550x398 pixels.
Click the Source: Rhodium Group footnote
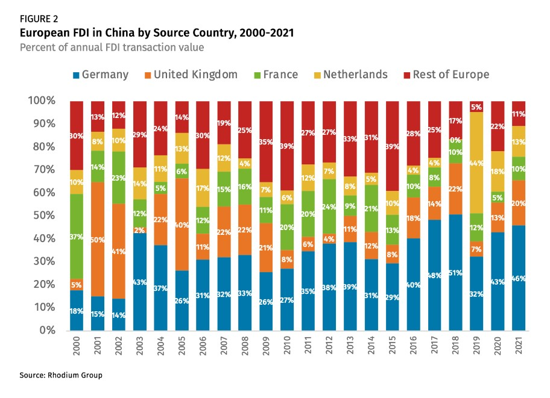[x=61, y=375]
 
